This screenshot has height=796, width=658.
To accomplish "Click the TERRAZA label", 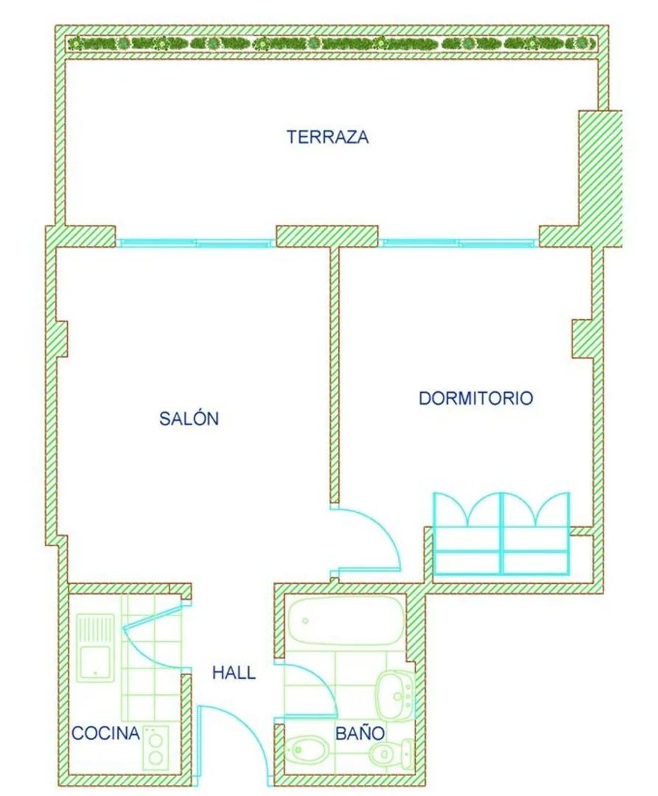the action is click(328, 137).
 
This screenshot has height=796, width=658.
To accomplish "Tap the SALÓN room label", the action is click(189, 419).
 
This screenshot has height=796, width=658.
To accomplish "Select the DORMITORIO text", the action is click(476, 398).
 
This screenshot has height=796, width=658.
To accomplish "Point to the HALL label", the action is click(234, 673).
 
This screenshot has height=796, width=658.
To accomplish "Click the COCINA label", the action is click(105, 733).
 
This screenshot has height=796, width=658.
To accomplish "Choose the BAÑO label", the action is click(360, 733).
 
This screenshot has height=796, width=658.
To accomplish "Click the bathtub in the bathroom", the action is click(346, 621).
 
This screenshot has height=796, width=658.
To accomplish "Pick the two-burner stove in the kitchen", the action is click(155, 748).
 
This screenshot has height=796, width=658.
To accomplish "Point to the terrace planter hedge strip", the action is click(332, 43).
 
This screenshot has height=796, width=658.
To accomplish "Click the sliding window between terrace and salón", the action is click(196, 242).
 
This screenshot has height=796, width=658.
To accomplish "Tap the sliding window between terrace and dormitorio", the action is click(458, 242).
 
